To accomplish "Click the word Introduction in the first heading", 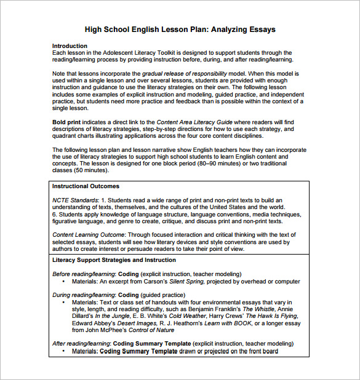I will [x=70, y=46].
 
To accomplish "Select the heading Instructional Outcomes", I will [x=86, y=186].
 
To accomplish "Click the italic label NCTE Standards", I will [x=75, y=200].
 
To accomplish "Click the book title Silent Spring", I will [x=188, y=282].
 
